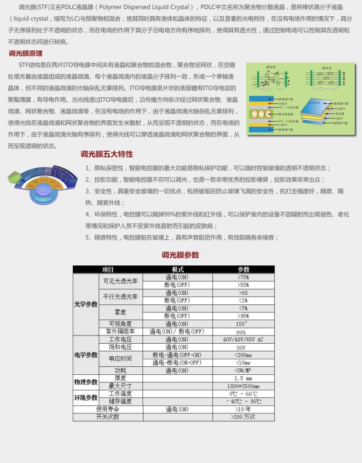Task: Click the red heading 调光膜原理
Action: pos(26,53)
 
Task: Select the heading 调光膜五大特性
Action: pos(106,154)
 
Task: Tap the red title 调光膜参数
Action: pos(181,255)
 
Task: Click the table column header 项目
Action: pos(108,269)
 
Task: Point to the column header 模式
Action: pos(178,269)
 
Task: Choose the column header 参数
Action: pos(243,269)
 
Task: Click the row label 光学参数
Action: pos(86,304)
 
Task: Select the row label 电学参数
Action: pos(86,355)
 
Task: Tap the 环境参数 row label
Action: pos(86,397)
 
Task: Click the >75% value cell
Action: pos(243,277)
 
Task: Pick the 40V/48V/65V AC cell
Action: pos(243,340)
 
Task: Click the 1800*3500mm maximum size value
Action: pos(243,386)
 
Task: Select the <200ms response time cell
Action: pos(243,355)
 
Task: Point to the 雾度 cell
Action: pos(120,312)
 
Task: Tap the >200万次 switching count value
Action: pos(243,417)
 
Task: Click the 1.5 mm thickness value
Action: pos(243,378)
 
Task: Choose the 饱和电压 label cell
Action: pos(120,347)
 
